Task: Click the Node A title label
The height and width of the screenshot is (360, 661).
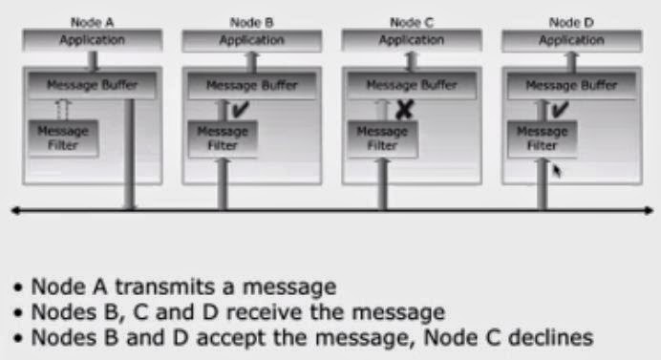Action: coord(93,22)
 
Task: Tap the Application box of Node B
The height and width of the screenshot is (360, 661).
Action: coord(251,40)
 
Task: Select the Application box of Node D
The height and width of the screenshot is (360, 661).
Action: coord(571,40)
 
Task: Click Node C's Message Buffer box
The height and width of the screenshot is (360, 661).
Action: coord(412,86)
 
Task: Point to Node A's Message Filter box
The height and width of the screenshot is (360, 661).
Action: coord(63,138)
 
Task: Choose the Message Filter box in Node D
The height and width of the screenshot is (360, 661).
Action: coord(543,139)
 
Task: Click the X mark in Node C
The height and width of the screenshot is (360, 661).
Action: coord(404,110)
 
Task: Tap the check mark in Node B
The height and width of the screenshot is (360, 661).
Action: coord(241,109)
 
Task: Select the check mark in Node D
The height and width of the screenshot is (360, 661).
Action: coord(560,109)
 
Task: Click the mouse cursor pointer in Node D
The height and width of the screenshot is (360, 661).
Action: coord(557,171)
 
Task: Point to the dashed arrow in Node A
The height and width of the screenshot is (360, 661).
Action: coord(62,110)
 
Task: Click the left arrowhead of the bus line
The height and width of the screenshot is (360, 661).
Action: coord(15,210)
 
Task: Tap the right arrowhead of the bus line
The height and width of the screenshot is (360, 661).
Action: coord(649,210)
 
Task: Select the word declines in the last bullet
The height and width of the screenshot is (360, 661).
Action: coord(550,337)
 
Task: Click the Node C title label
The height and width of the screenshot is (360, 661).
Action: coord(412,22)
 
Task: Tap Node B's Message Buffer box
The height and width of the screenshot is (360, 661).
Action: coord(251,86)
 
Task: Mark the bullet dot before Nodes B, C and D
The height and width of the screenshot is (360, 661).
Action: coord(18,313)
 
